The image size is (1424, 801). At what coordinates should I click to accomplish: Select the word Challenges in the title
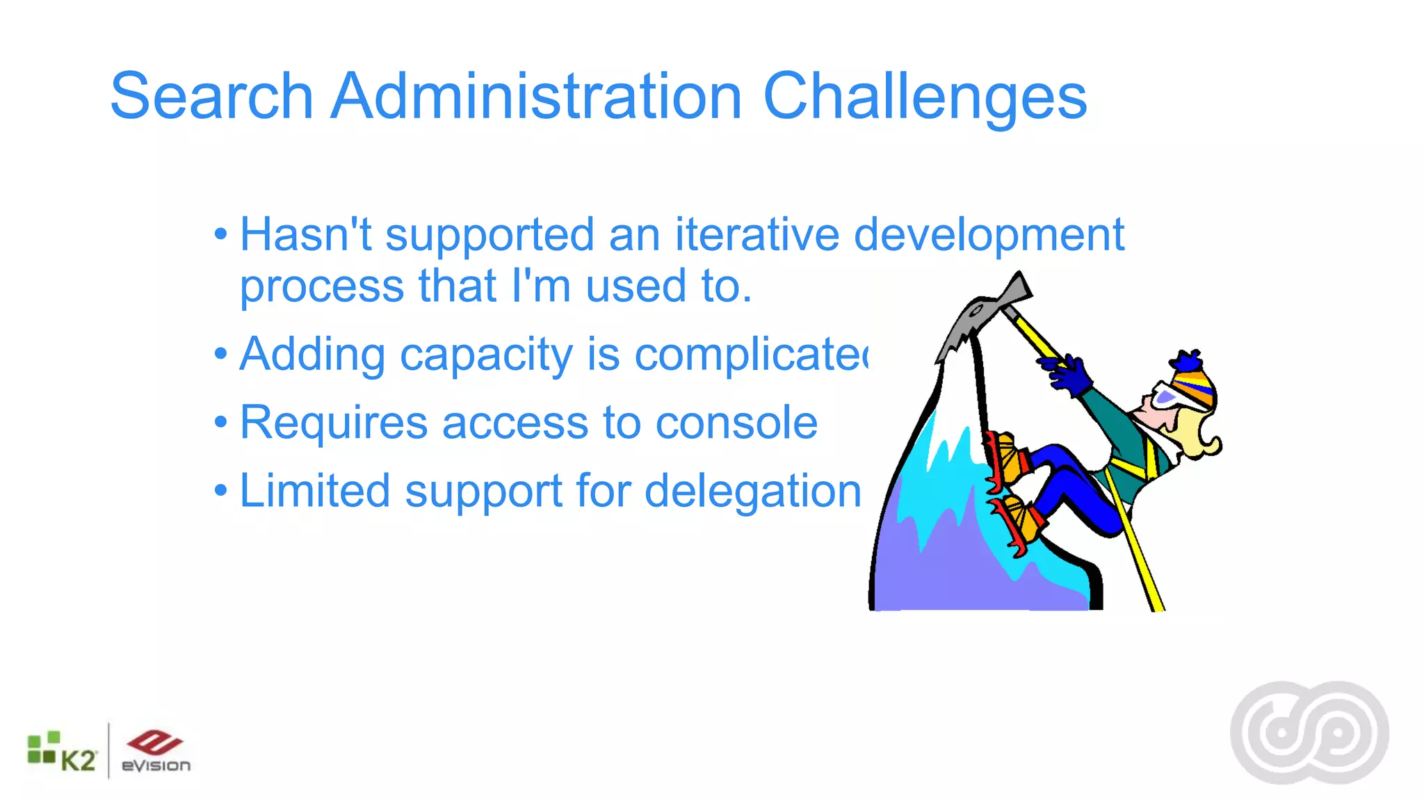coord(924,97)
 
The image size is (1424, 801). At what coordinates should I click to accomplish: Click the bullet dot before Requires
coord(221,422)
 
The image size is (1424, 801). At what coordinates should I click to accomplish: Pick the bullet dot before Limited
coord(221,490)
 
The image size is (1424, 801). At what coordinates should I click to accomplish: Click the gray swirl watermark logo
coord(1309,733)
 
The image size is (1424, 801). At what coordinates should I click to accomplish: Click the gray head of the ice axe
coord(980,313)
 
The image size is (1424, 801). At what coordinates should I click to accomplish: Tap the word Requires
coord(333,423)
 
